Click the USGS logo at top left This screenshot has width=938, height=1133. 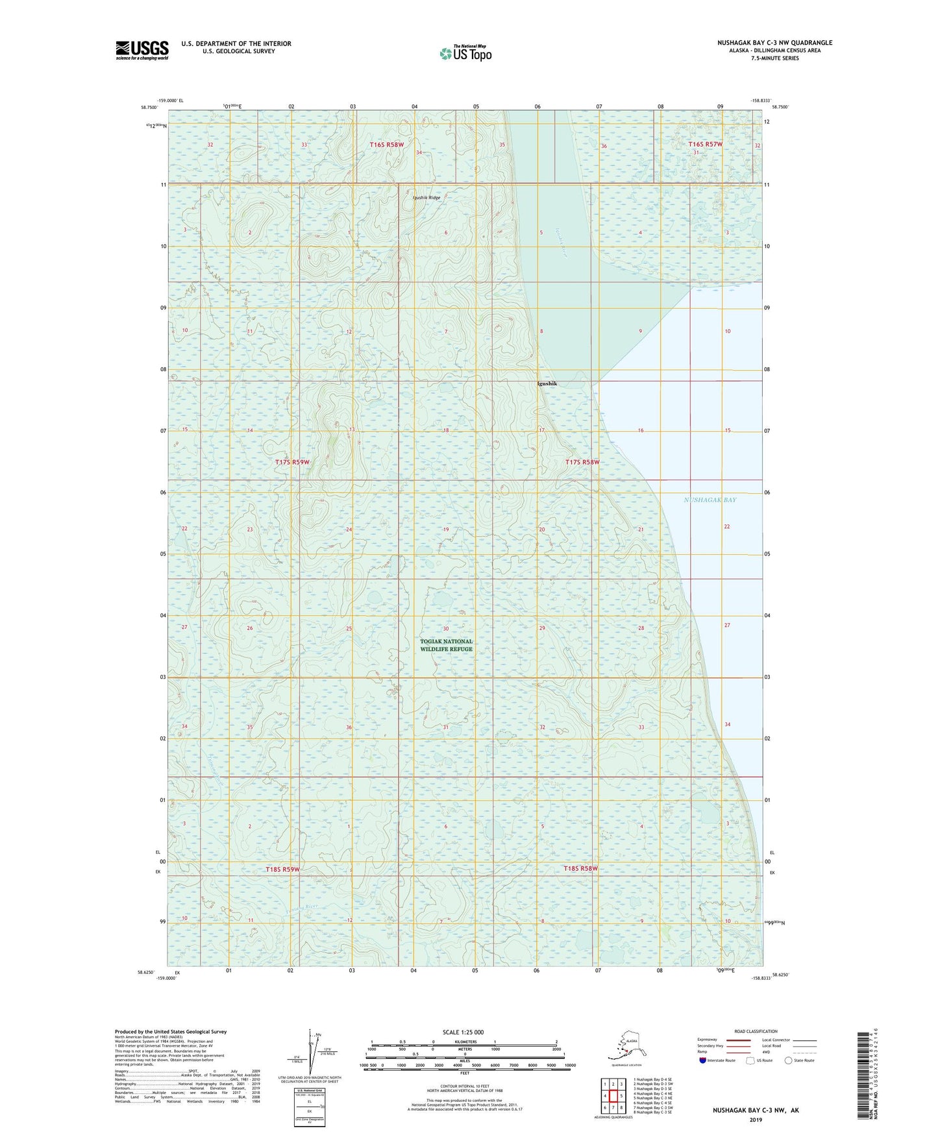[142, 50]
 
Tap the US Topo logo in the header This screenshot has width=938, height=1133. [465, 53]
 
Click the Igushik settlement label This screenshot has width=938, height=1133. [547, 384]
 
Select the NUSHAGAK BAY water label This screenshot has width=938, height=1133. [710, 500]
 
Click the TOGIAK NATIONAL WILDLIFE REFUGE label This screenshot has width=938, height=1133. [446, 645]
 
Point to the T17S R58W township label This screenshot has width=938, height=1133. [582, 462]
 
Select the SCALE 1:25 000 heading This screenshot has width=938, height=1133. [463, 1032]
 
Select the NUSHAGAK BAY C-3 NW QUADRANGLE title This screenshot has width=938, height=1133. [774, 43]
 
